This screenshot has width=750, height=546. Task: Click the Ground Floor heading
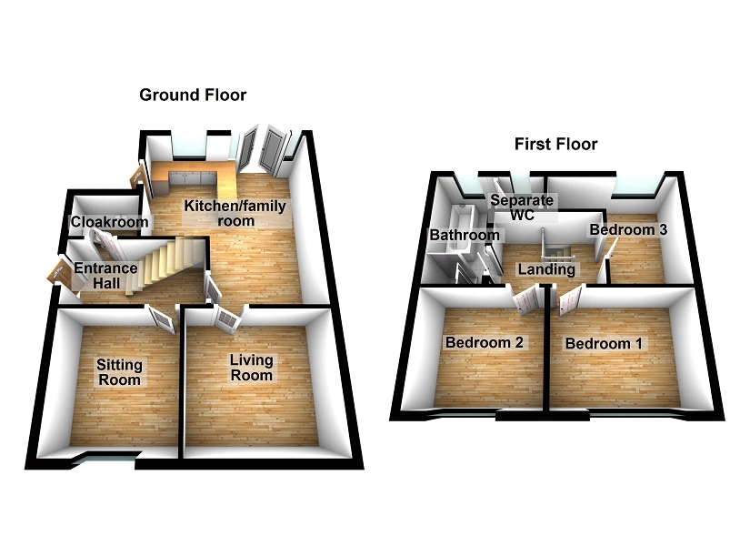(192, 95)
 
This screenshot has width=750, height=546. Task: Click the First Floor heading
(555, 144)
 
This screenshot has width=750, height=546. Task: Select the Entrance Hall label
(105, 275)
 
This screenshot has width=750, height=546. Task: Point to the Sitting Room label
(119, 371)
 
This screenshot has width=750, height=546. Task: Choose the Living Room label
(251, 367)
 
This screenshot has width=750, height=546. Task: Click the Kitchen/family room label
(235, 213)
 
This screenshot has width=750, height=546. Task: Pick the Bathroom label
(465, 235)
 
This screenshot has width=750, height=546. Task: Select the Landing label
(546, 269)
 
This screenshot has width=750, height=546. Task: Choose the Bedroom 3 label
(629, 230)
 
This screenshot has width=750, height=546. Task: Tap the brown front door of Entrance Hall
(61, 272)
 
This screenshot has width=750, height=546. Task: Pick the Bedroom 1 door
(570, 300)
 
